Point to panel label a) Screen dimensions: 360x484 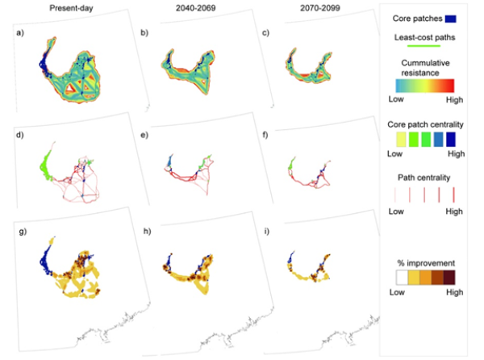pos(18,34)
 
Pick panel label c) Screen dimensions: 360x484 pos(257,34)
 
